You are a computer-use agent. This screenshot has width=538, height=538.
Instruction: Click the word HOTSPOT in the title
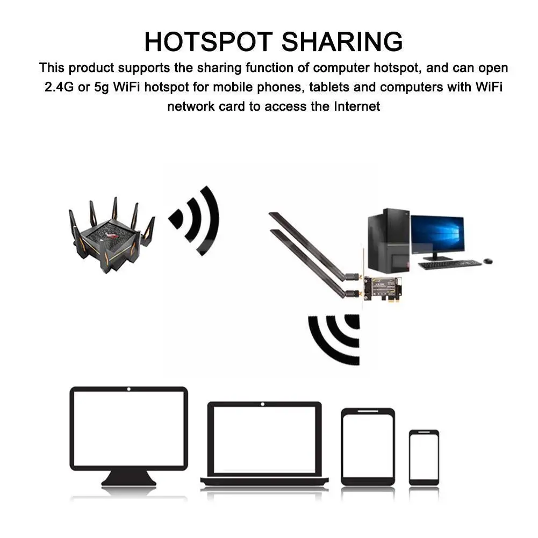[x=209, y=41]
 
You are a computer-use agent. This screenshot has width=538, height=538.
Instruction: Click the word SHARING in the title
[x=342, y=41]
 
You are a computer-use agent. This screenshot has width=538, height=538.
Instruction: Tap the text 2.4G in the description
[x=59, y=87]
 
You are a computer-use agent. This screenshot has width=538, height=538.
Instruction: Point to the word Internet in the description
[x=357, y=106]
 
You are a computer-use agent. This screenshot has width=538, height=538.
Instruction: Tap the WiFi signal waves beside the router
[x=194, y=221]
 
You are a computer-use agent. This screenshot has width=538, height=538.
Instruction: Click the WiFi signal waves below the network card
[x=334, y=340]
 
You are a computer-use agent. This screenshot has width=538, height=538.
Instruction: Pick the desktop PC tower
[x=389, y=241]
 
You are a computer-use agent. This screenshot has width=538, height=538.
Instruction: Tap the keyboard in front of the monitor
[x=450, y=264]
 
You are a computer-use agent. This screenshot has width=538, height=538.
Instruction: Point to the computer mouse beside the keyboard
[x=488, y=261]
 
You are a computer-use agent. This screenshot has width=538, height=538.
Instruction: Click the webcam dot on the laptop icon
[x=263, y=405]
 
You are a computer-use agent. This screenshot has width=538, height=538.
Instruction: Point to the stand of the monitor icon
[x=128, y=478]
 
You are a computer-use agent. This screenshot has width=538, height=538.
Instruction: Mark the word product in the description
[x=91, y=68]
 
